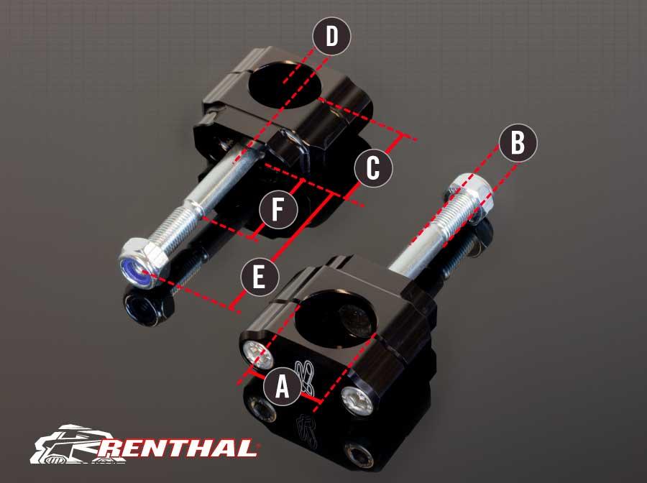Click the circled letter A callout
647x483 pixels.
point(282,385)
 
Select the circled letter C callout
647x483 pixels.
point(373,169)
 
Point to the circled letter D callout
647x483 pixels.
point(331,37)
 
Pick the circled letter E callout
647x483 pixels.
point(260,277)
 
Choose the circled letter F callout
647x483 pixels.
point(278,211)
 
